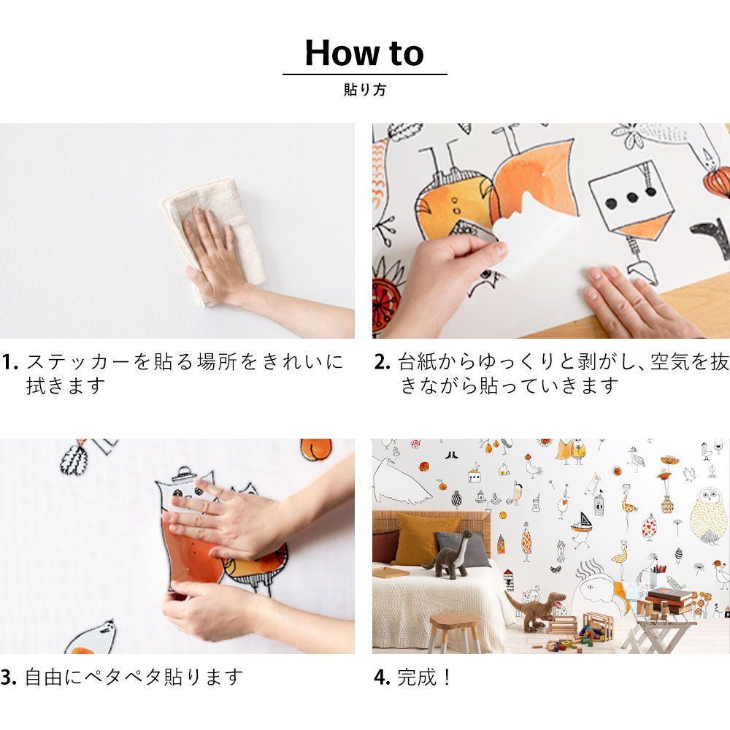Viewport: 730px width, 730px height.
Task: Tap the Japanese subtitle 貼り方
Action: click(365, 89)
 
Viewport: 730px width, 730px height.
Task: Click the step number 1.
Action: click(9, 362)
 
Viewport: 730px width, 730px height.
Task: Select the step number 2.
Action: click(383, 362)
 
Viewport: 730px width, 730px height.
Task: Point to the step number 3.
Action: click(8, 677)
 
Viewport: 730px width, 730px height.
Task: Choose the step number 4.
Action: click(383, 677)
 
